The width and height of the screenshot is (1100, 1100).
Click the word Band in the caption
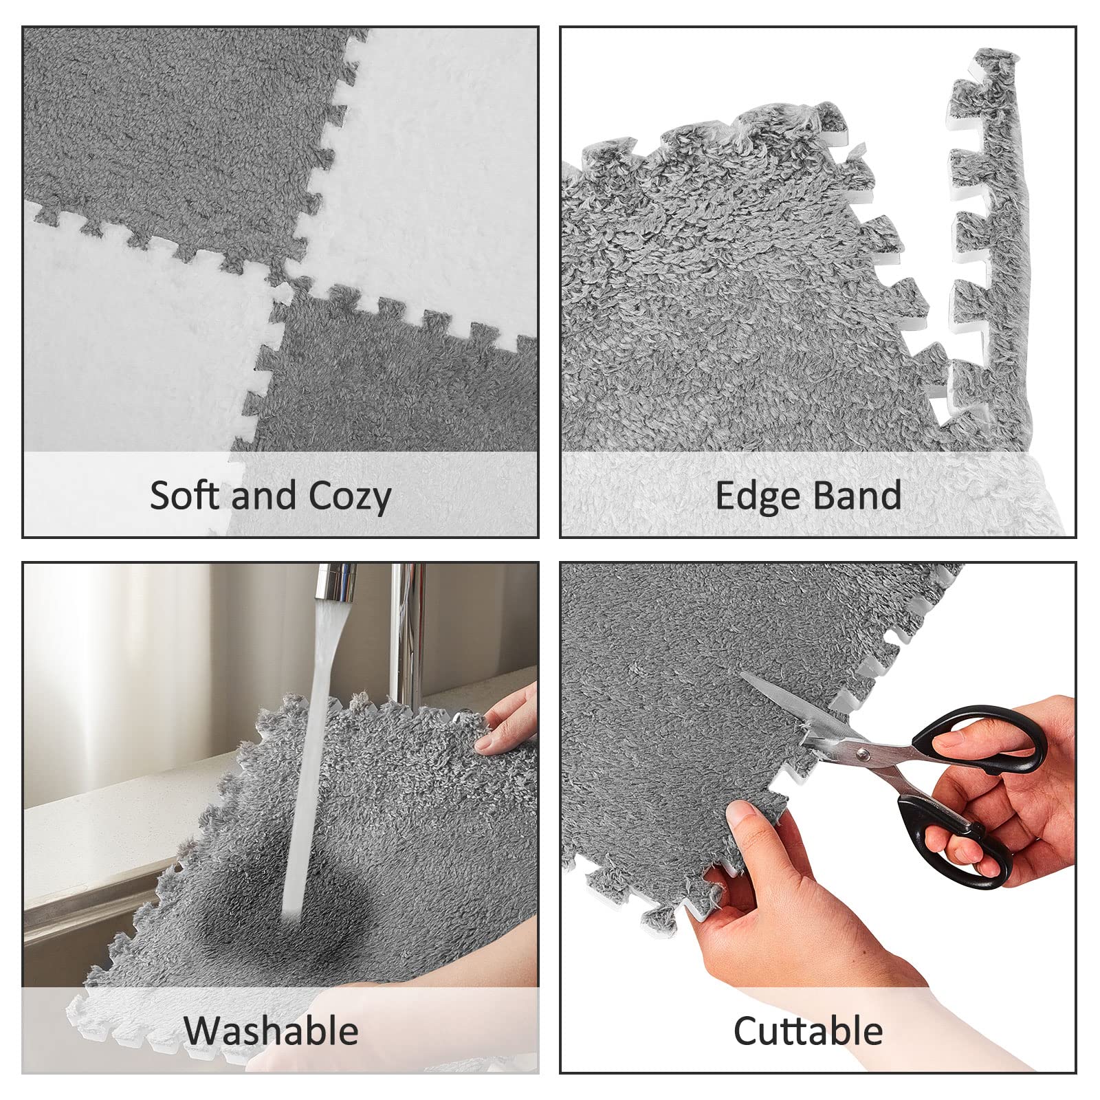[x=857, y=495]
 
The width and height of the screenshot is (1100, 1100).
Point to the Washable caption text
[x=271, y=1031]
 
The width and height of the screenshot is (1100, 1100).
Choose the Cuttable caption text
[x=808, y=1031]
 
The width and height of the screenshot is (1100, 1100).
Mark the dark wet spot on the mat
[x=302, y=887]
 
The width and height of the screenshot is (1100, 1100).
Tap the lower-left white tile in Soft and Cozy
[x=137, y=344]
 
